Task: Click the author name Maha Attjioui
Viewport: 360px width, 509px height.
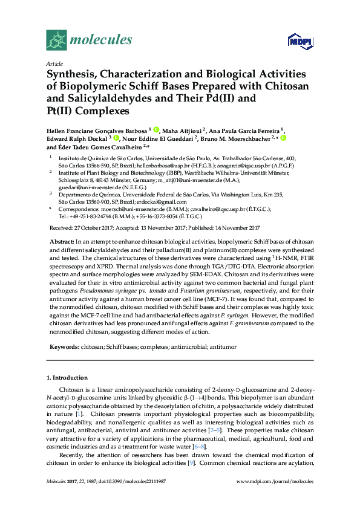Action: click(x=183, y=130)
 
